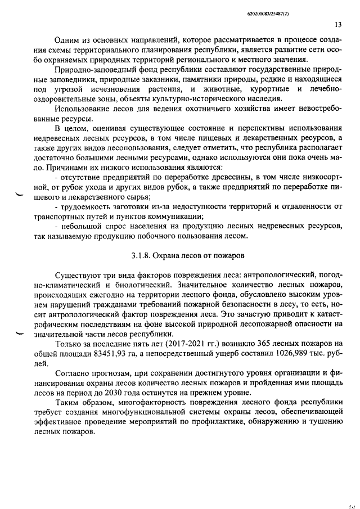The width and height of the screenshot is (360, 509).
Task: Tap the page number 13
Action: (337, 25)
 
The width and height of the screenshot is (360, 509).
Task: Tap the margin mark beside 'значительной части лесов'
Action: (21, 333)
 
